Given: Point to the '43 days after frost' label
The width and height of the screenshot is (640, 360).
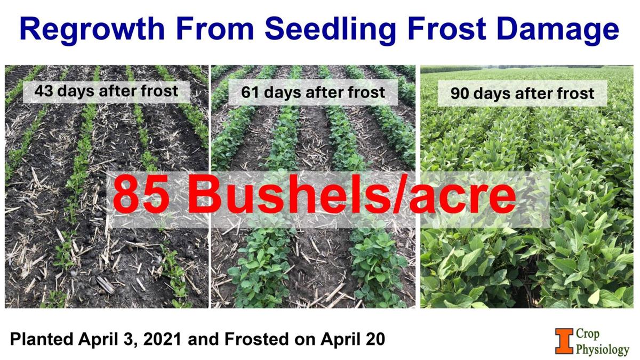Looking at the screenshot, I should pyautogui.click(x=106, y=91).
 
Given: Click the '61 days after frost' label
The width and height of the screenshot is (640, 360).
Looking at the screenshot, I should pyautogui.click(x=313, y=92).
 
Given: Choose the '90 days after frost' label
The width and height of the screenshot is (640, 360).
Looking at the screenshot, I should pyautogui.click(x=522, y=94).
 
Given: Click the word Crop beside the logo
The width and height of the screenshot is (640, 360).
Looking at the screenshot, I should pyautogui.click(x=588, y=334).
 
